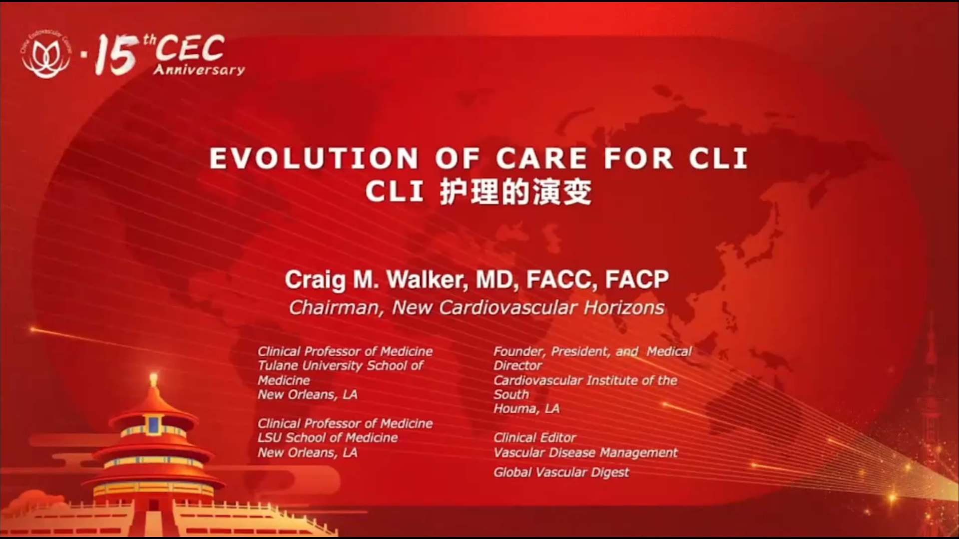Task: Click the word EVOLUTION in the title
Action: (314, 158)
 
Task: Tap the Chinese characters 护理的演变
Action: (515, 192)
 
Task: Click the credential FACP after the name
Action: (637, 279)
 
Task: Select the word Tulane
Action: (278, 366)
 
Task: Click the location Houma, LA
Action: (526, 409)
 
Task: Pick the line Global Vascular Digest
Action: (561, 472)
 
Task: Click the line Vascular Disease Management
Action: (585, 453)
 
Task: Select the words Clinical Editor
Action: (534, 438)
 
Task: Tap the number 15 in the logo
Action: (116, 54)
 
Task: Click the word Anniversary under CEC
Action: (199, 70)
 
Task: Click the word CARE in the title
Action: (541, 158)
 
